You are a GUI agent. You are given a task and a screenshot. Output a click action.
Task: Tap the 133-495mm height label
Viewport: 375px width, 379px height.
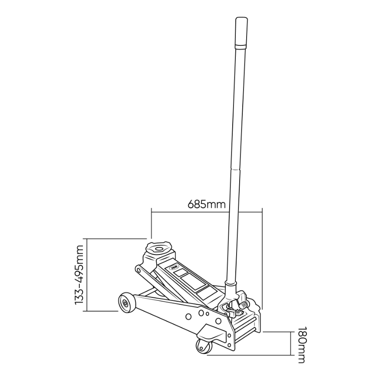click(79, 275)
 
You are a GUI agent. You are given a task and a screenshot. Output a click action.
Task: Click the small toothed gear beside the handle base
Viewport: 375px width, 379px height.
click(239, 311)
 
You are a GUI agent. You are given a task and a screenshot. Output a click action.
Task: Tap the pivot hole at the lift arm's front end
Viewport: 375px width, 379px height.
click(138, 269)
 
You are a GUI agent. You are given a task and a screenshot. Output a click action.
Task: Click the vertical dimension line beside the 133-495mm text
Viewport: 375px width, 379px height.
click(88, 275)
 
